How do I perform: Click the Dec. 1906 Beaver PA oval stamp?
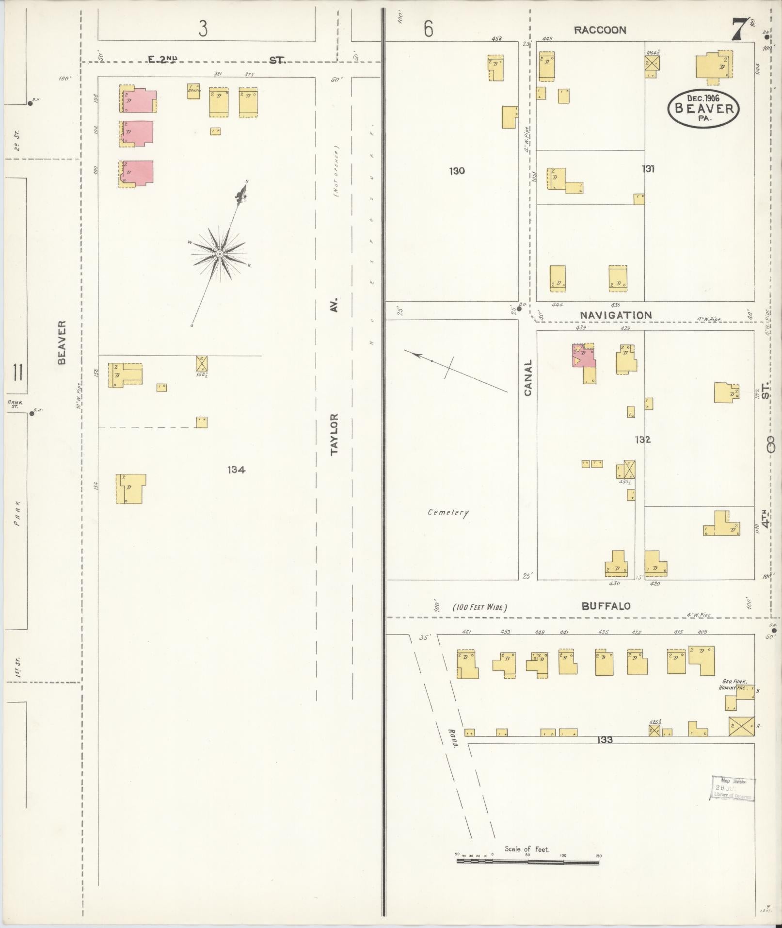point(703,109)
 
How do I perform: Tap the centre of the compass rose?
point(220,254)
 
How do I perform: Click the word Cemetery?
point(448,512)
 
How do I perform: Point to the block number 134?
point(236,470)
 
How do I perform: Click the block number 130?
point(457,171)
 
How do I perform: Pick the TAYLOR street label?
point(335,434)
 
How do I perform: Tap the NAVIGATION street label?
point(616,315)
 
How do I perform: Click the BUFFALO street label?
point(606,606)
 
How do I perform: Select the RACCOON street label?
point(600,30)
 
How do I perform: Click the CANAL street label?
point(528,377)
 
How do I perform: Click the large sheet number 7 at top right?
point(738,30)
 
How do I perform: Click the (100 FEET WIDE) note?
point(480,607)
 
